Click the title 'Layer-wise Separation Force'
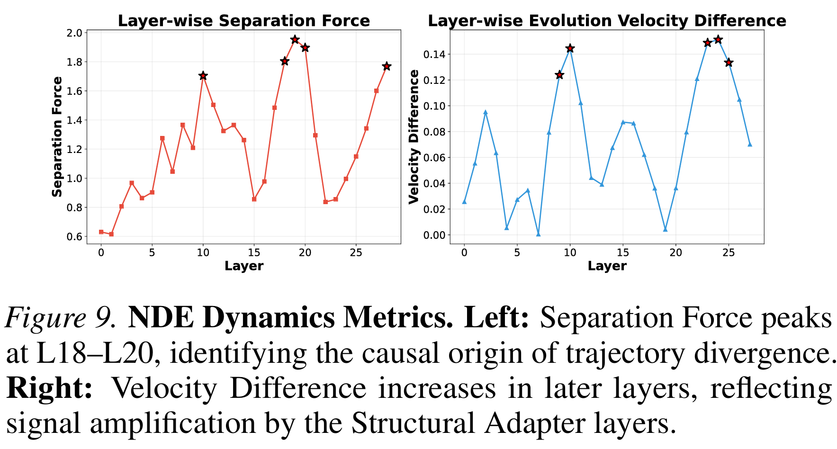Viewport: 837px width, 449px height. click(243, 21)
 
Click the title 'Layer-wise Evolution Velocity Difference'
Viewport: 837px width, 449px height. click(607, 21)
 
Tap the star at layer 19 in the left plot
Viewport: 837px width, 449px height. click(295, 39)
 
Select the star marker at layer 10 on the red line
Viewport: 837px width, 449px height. click(203, 76)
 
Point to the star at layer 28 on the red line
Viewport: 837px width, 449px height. click(387, 66)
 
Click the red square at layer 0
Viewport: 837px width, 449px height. click(101, 232)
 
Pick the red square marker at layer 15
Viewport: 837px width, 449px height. click(254, 199)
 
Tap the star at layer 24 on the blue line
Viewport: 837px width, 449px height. click(718, 39)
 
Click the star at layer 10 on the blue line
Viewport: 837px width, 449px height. click(570, 48)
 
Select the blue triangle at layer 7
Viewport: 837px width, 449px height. click(538, 234)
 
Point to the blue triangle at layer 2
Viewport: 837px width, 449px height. click(485, 112)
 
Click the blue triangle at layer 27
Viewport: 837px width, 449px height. click(750, 144)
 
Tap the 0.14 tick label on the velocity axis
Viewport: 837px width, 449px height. click(434, 54)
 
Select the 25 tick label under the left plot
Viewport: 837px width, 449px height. click(356, 252)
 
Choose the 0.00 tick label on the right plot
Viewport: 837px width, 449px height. click(434, 235)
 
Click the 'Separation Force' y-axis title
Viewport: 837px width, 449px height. click(57, 136)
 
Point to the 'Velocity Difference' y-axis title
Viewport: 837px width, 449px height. click(414, 136)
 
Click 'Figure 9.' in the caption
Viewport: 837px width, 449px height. click(61, 318)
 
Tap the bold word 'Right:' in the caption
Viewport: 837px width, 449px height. click(49, 388)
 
